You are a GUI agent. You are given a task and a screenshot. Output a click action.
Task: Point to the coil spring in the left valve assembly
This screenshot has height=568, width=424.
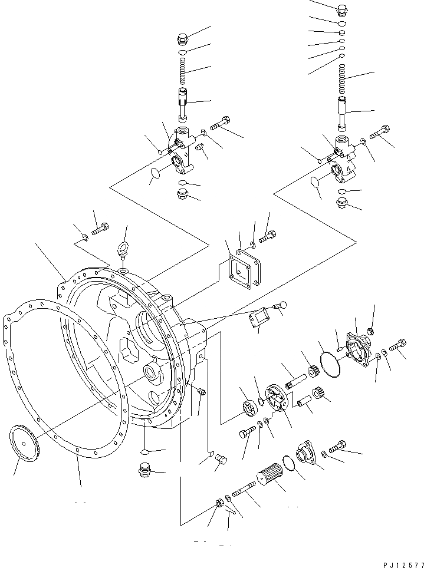183,74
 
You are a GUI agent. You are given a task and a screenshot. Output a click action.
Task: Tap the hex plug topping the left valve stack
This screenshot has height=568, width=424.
183,39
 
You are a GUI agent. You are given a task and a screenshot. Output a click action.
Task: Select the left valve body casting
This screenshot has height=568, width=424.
181,148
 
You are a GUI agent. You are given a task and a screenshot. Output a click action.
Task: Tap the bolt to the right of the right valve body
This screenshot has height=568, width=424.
379,130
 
